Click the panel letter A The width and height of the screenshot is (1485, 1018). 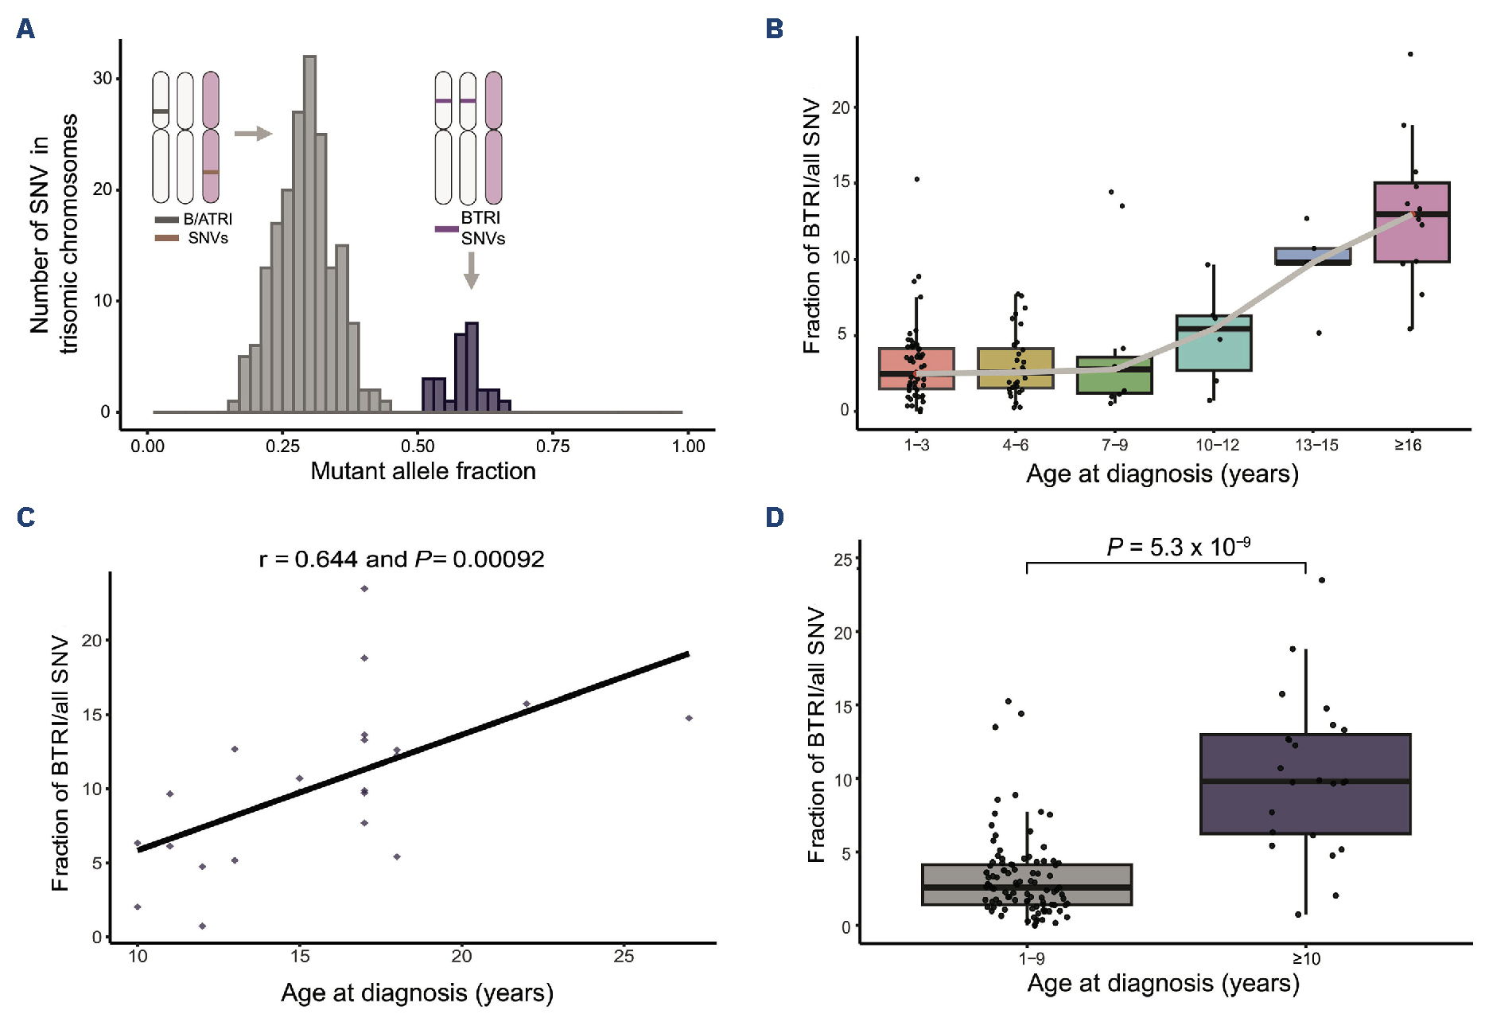click(25, 29)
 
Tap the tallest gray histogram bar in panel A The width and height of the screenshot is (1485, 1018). click(310, 235)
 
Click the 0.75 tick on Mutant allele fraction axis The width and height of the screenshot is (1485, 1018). click(553, 447)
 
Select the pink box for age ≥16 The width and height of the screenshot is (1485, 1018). click(1412, 222)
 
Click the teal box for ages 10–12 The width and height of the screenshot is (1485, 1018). click(1214, 343)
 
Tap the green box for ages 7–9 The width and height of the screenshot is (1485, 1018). click(1114, 376)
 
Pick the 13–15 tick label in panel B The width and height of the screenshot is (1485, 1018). click(1316, 446)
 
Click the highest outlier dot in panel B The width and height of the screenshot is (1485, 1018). click(1410, 54)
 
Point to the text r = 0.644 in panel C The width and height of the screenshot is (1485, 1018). click(309, 560)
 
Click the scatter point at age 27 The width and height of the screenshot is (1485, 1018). click(689, 718)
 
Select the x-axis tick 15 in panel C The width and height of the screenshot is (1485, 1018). click(300, 957)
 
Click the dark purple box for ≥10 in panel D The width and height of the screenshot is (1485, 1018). click(1304, 784)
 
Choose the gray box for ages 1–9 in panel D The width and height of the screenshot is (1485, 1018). click(1027, 884)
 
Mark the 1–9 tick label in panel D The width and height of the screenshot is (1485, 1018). click(1031, 958)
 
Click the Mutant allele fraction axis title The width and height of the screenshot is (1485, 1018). click(423, 471)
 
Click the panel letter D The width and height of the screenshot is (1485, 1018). click(774, 517)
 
